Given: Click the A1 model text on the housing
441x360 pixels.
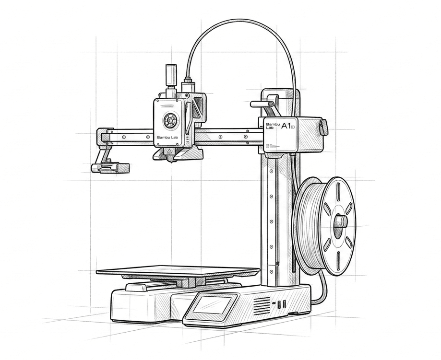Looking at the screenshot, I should pyautogui.click(x=286, y=126).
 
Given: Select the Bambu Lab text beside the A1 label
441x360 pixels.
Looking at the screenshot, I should pyautogui.click(x=271, y=126).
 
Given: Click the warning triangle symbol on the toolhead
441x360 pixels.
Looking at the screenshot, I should pyautogui.click(x=168, y=151).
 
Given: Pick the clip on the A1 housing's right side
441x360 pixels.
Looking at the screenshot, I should pyautogui.click(x=323, y=127).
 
